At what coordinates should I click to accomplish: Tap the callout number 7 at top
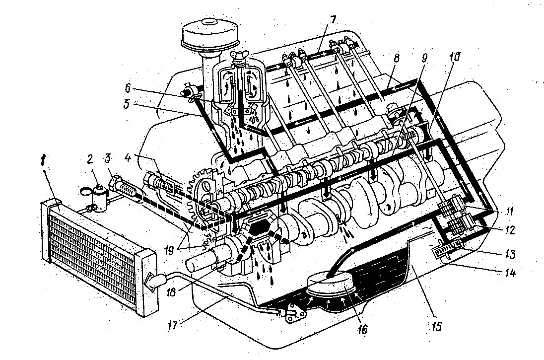click(333, 20)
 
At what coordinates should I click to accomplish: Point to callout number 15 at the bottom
click(438, 327)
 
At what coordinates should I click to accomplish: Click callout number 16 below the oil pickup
click(362, 329)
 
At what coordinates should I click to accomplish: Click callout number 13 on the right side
click(509, 254)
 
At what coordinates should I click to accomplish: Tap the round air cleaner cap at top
click(209, 33)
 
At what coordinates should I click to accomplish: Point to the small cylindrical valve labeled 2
click(99, 199)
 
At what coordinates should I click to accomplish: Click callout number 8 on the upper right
click(396, 58)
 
